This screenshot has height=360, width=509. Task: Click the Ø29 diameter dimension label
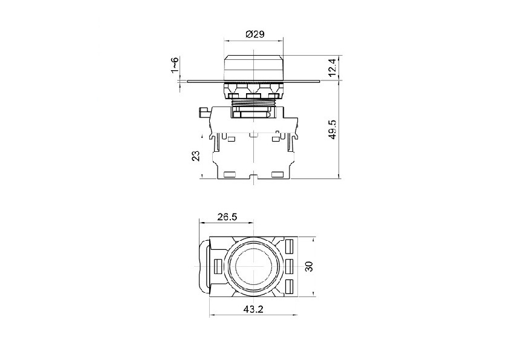click(254, 34)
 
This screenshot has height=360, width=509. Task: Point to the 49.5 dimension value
click(332, 129)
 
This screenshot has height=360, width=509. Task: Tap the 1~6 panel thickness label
click(174, 66)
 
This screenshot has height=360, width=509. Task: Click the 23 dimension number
click(195, 156)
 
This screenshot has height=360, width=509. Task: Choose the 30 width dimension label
click(308, 267)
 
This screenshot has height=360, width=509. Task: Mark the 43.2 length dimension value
click(254, 309)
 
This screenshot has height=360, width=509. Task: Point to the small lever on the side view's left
click(204, 112)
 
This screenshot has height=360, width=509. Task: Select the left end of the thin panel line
click(189, 80)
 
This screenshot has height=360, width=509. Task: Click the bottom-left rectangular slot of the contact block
click(229, 175)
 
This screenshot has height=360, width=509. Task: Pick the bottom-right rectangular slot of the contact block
click(277, 175)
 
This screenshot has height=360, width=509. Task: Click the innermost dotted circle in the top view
click(253, 266)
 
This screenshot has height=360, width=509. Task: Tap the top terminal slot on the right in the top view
click(288, 246)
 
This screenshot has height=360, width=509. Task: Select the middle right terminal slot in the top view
click(288, 266)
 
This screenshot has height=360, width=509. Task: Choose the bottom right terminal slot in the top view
click(288, 286)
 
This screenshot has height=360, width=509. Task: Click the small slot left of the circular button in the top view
click(218, 266)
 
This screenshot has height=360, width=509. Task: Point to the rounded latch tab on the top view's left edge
click(203, 266)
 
